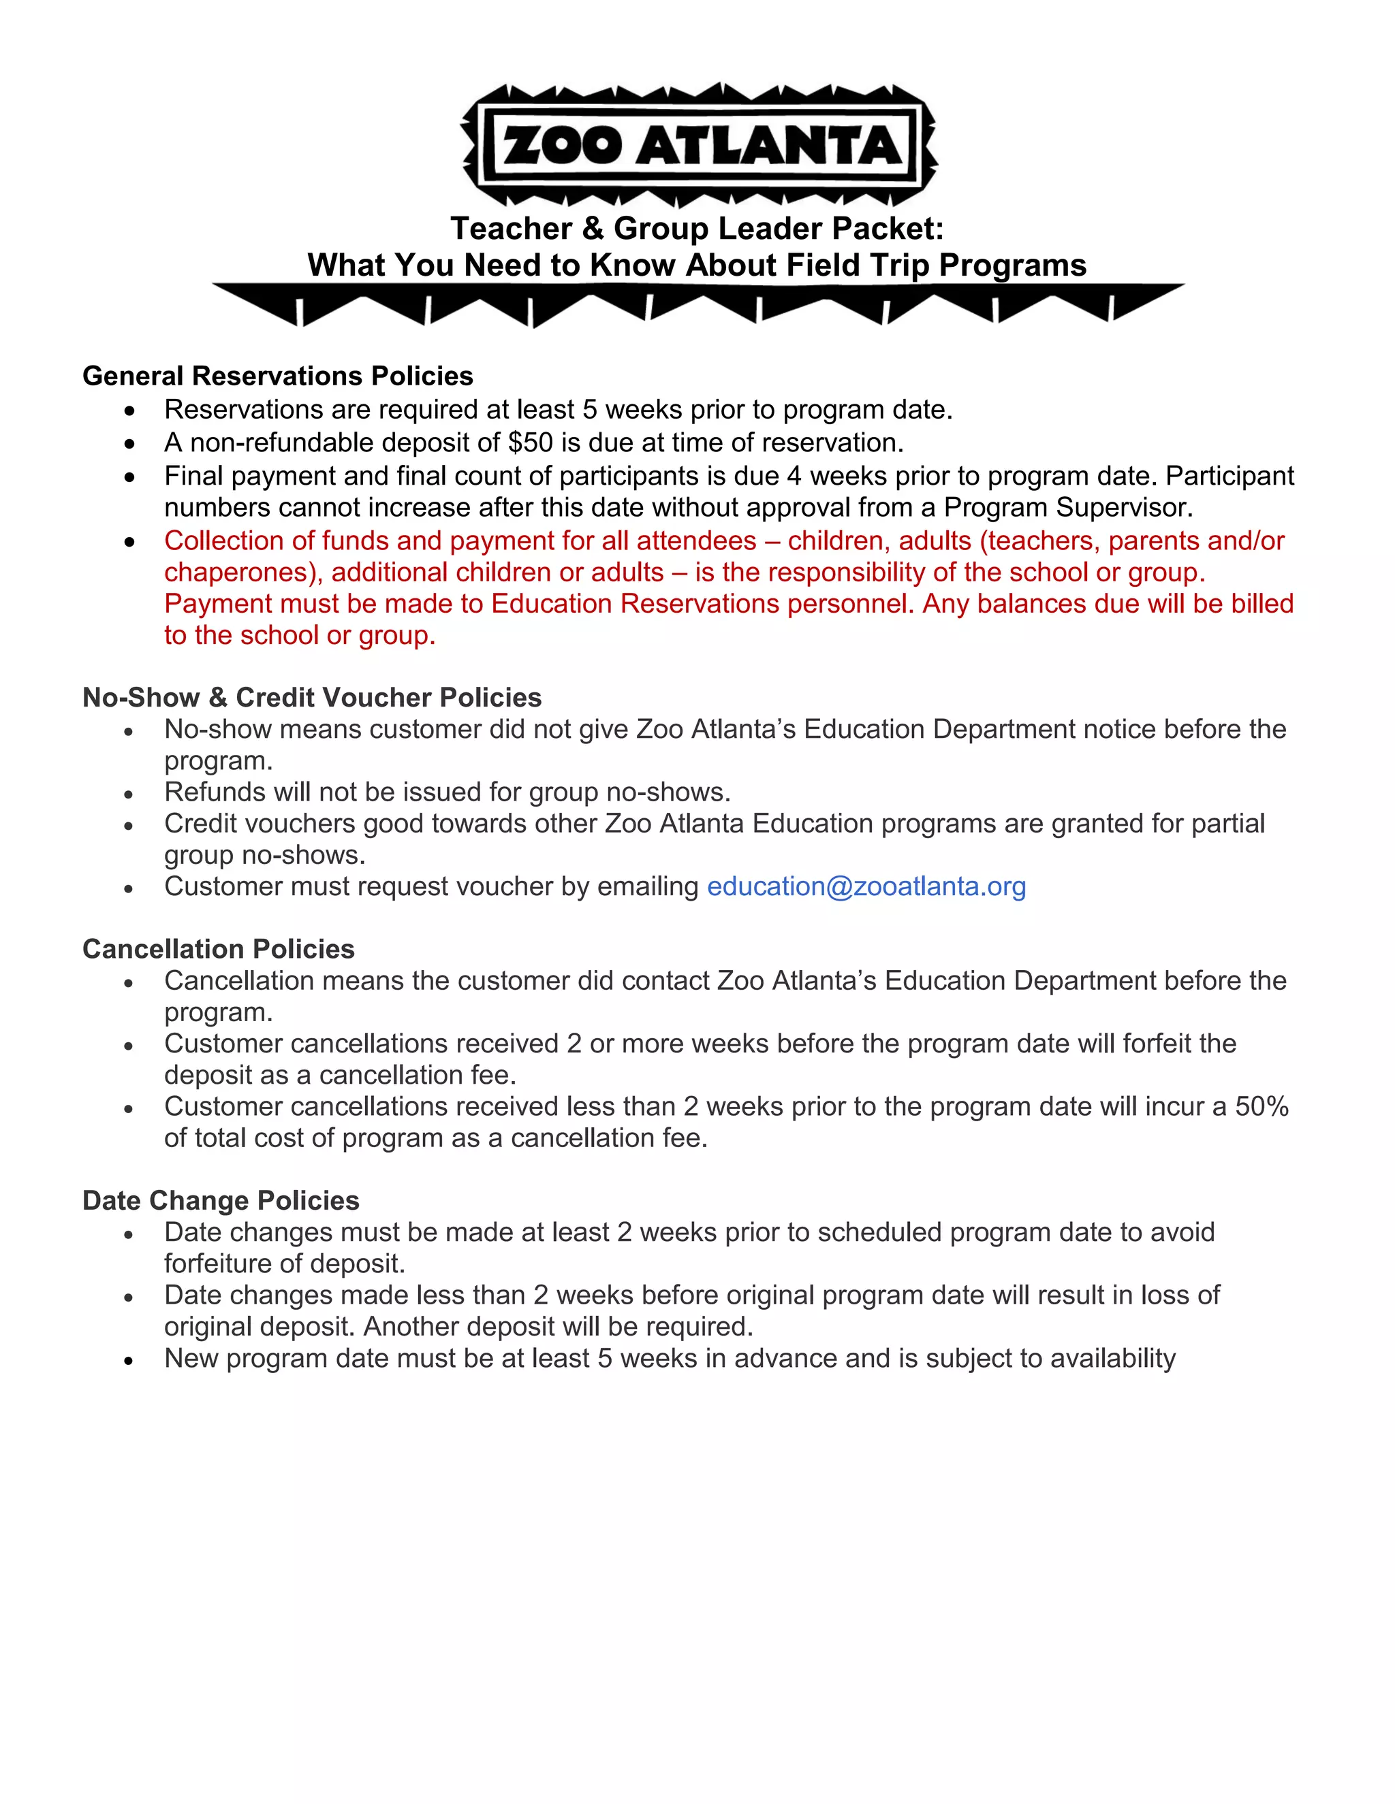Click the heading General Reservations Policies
point(278,376)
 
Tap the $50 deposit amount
point(531,442)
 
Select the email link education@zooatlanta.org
point(866,886)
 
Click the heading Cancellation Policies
point(218,949)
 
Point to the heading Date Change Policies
point(221,1200)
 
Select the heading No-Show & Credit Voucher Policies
point(311,697)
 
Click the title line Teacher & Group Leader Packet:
point(697,229)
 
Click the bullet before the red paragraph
point(129,542)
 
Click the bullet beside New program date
point(129,1360)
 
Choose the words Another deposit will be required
point(558,1327)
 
